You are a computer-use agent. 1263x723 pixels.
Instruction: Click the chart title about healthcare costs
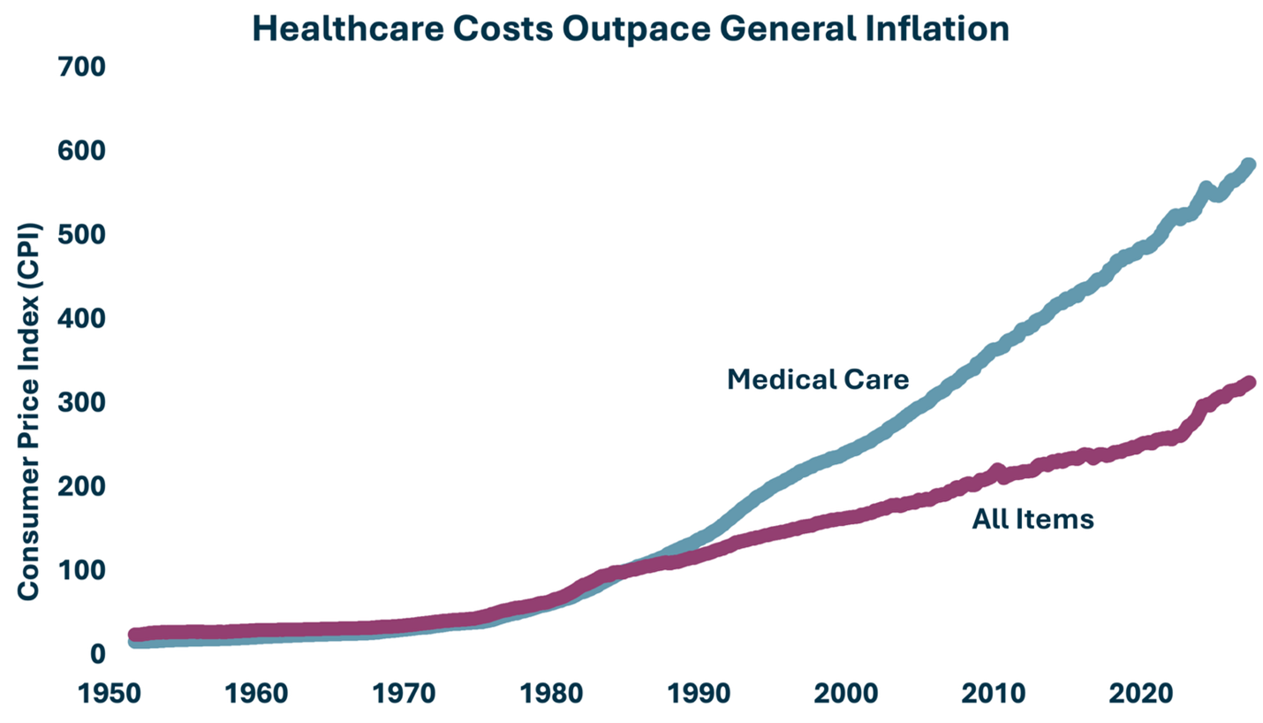tap(630, 28)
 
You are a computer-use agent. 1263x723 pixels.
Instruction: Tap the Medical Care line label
tap(817, 380)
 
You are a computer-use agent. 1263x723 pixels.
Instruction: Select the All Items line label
tap(1032, 520)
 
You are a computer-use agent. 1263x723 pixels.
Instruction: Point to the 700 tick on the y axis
tap(82, 67)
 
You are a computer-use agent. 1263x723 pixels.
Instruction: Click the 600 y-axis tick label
tap(82, 151)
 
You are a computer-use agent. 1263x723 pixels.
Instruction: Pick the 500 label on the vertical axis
tap(82, 235)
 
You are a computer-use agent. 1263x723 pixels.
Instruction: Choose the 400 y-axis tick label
tap(82, 319)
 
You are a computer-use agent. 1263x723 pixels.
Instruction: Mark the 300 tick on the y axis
tap(82, 403)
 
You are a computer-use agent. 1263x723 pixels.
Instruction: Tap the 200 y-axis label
tap(82, 487)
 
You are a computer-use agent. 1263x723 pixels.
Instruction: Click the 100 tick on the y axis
tap(82, 571)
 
